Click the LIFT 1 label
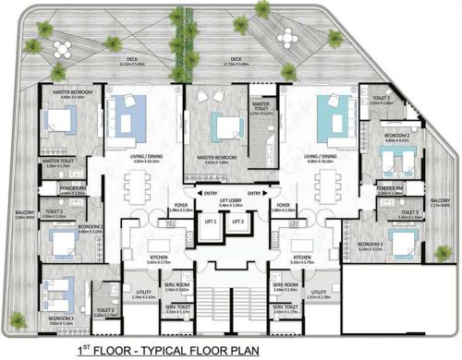coord(212,222)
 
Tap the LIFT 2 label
coord(237,222)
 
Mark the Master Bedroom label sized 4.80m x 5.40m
coord(60,93)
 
